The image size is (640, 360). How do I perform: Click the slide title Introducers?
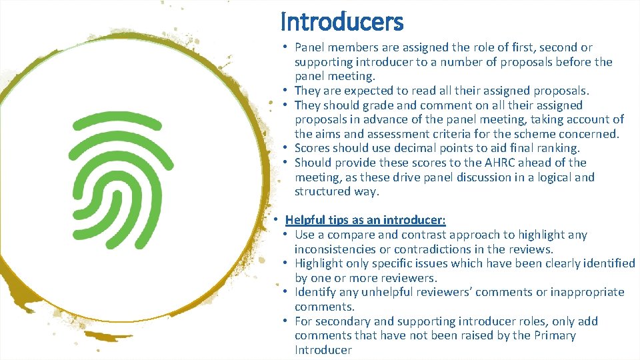tap(341, 22)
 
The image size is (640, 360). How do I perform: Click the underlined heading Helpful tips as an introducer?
tap(365, 220)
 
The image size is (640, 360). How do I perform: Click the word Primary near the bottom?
tap(555, 335)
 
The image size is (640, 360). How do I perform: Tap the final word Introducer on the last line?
tap(323, 350)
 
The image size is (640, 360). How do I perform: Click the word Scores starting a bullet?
tap(312, 148)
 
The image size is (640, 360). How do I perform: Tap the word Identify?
tap(315, 292)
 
